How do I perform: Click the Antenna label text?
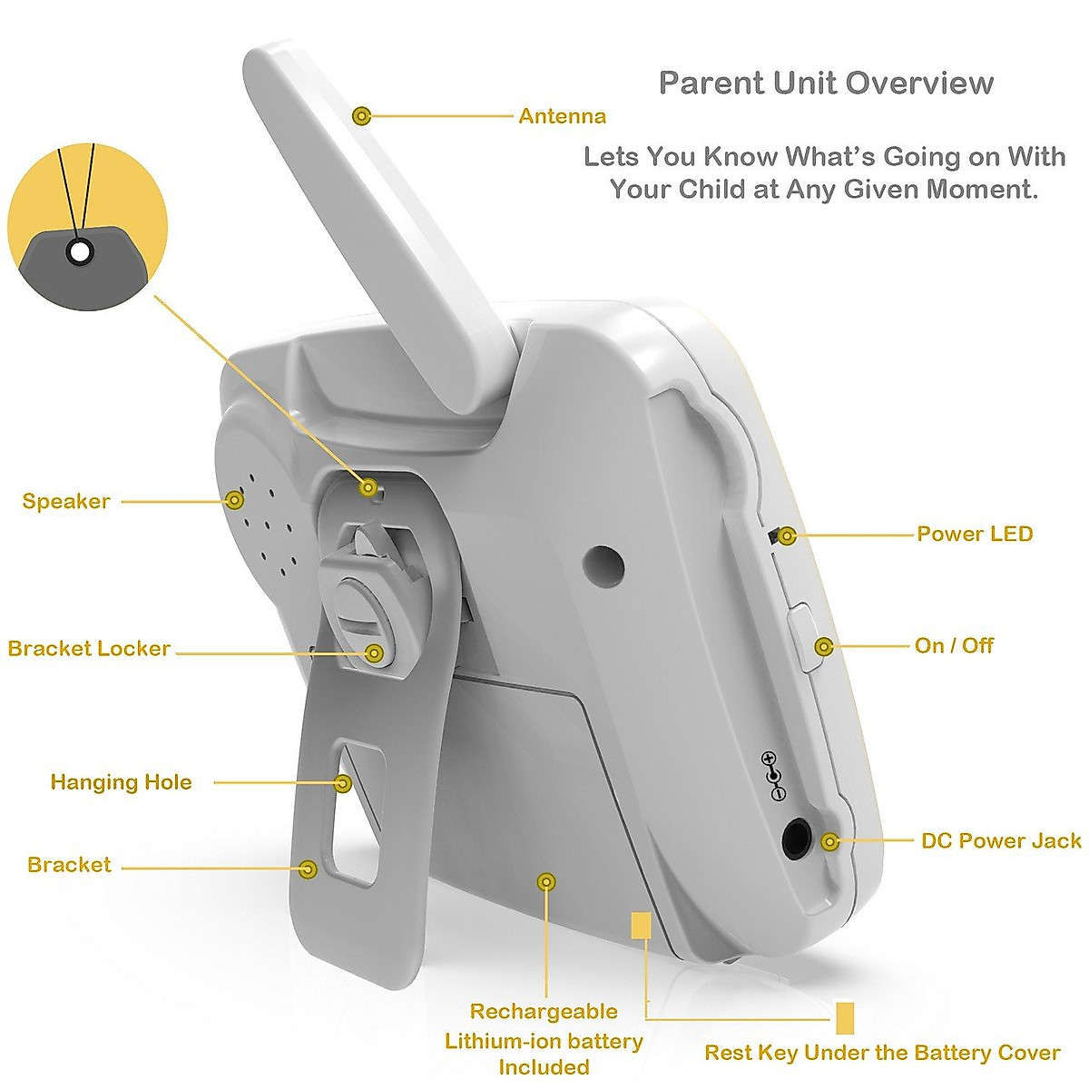coord(562,116)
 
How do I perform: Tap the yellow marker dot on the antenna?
coord(362,115)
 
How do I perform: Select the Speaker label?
coord(66,501)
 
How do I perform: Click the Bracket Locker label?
coord(89,649)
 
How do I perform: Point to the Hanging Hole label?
coord(121,782)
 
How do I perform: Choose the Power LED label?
coord(975,534)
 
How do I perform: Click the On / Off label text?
coord(954,646)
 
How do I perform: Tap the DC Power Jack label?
coord(1001,841)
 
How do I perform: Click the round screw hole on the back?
coord(604,564)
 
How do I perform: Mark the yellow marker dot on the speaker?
coord(236,499)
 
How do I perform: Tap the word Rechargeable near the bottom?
coord(544,1012)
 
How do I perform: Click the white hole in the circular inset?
coord(81,251)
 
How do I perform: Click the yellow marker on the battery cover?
coord(546,881)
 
